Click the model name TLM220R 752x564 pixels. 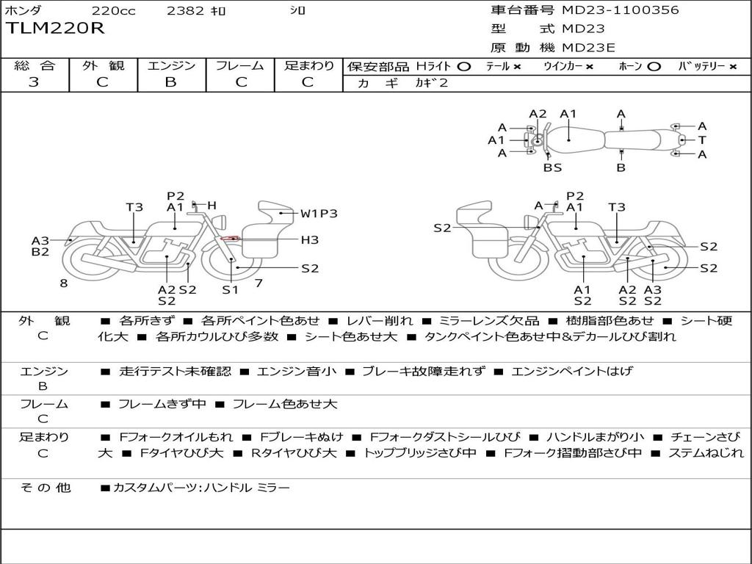[x=55, y=29]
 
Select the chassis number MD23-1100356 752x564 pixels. [x=621, y=10]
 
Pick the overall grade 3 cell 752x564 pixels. [x=34, y=82]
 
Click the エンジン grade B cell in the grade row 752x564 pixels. [x=170, y=82]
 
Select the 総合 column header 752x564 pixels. [x=34, y=66]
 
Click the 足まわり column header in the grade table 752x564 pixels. [x=309, y=66]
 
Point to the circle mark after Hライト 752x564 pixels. [x=463, y=67]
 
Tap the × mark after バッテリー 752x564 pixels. [x=733, y=67]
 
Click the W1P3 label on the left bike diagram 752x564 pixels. [x=319, y=214]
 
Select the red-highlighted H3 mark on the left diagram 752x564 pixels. [x=230, y=239]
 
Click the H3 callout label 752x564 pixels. [x=309, y=239]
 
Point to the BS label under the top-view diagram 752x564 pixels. [x=552, y=167]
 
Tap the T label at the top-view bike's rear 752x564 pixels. [x=702, y=140]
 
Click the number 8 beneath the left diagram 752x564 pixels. [x=64, y=282]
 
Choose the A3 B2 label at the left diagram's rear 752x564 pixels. [x=40, y=246]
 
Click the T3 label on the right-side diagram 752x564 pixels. [x=617, y=207]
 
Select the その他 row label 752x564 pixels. [x=44, y=488]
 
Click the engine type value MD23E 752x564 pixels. [x=589, y=48]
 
